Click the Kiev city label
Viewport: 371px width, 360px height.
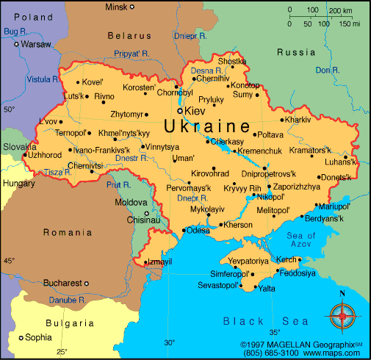(x=196, y=110)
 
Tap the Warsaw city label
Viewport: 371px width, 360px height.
(x=36, y=44)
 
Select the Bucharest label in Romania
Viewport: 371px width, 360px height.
(x=62, y=282)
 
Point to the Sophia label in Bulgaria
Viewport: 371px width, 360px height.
(x=39, y=338)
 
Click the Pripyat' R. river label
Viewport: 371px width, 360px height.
(x=132, y=53)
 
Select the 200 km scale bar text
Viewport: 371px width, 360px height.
(x=340, y=11)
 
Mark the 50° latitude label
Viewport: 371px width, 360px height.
(x=9, y=109)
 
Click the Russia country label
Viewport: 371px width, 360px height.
(x=296, y=52)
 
